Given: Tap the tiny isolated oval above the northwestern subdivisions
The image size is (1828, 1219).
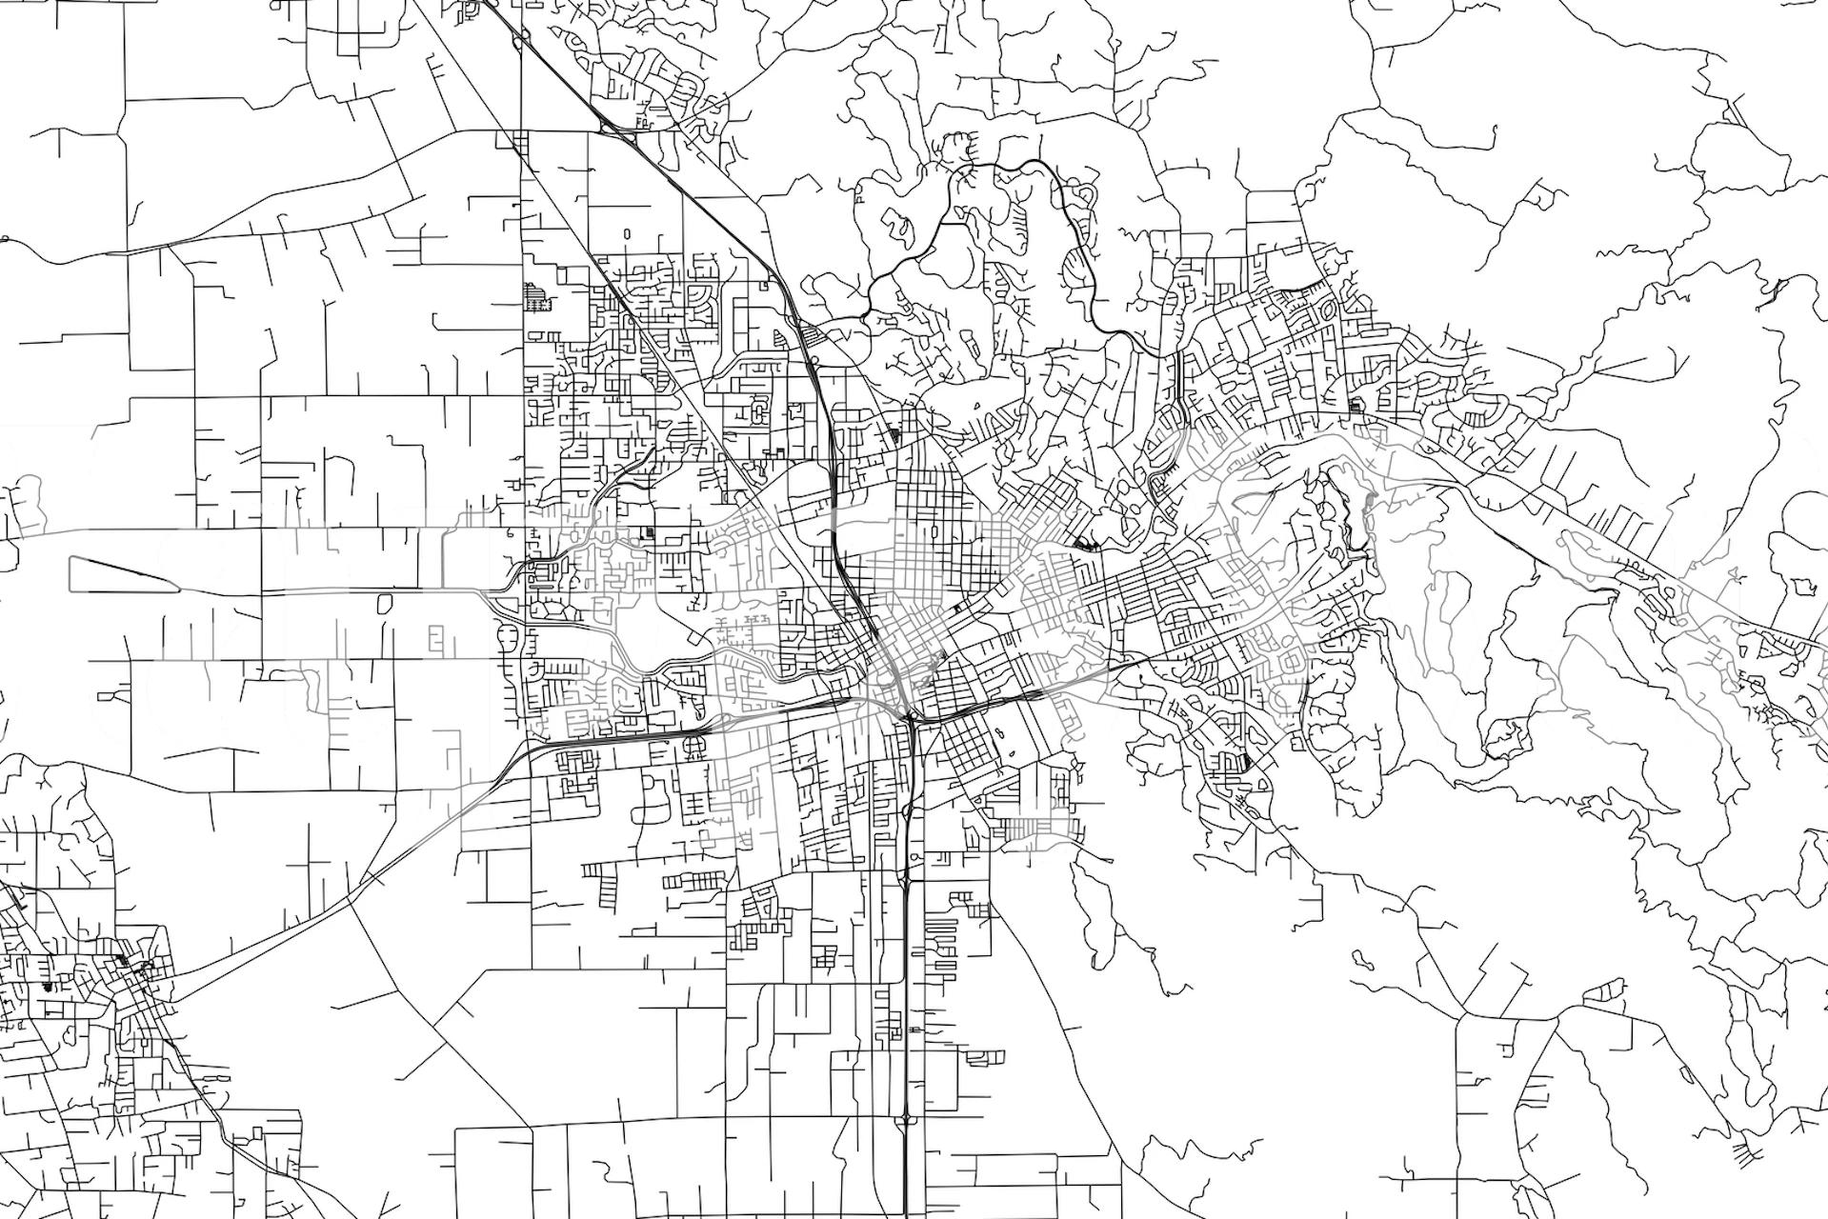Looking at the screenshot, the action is [x=627, y=232].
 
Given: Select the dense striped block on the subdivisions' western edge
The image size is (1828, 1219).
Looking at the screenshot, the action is [x=536, y=297].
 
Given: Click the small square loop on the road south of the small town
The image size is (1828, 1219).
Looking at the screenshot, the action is [x=257, y=1133].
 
